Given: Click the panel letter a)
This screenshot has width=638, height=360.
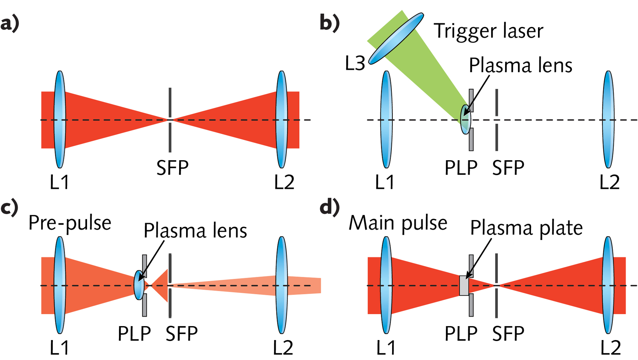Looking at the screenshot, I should [10, 24].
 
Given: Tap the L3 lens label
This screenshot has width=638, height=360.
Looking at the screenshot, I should [355, 63].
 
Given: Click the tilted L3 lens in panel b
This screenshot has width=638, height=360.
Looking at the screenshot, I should [396, 38].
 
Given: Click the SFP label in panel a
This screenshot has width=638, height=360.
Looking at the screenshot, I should [172, 168].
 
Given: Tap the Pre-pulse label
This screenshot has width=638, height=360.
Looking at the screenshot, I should [70, 223].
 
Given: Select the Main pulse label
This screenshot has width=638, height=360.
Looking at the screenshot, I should [398, 223].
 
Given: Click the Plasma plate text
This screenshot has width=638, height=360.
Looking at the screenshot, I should [526, 228].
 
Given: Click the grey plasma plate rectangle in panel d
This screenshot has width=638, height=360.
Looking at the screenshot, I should [464, 286].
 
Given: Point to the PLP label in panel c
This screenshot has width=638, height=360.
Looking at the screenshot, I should [134, 334].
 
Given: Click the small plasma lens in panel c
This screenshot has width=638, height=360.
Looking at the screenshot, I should [139, 285].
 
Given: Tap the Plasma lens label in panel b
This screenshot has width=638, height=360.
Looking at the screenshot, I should [520, 65].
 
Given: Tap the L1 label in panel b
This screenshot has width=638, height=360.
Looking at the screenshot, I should [384, 182].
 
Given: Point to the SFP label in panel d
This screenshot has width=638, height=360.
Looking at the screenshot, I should [508, 334].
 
